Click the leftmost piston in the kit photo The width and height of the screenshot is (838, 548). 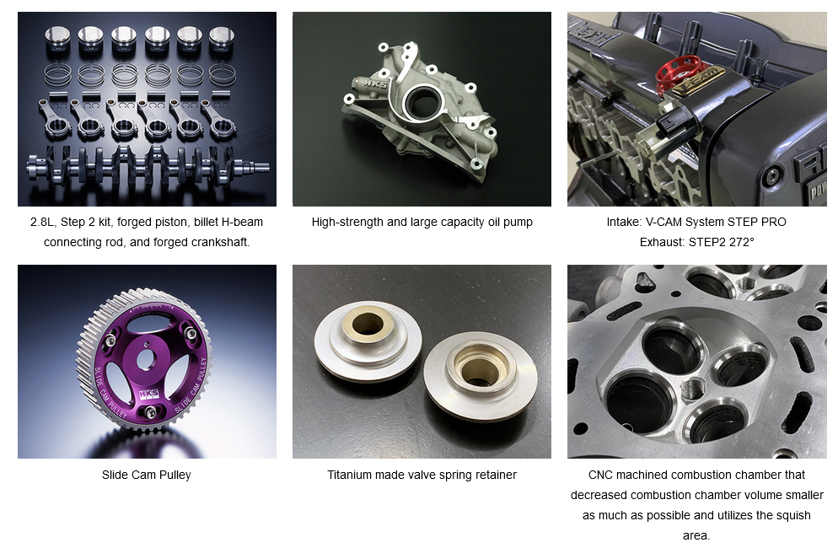point(57,40)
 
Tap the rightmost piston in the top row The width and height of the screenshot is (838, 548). point(222,40)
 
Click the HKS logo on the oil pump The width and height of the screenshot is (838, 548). point(376,85)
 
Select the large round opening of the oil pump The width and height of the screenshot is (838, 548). point(422,101)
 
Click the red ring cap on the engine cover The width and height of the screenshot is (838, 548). point(677,73)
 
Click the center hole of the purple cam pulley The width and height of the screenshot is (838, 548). point(145,359)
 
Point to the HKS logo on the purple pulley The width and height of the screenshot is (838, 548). point(148,395)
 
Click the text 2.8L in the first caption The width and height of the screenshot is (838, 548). point(42,222)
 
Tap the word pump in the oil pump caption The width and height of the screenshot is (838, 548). point(518,222)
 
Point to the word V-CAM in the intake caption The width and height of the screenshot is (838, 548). point(663,222)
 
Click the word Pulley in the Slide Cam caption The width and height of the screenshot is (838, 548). point(175,475)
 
